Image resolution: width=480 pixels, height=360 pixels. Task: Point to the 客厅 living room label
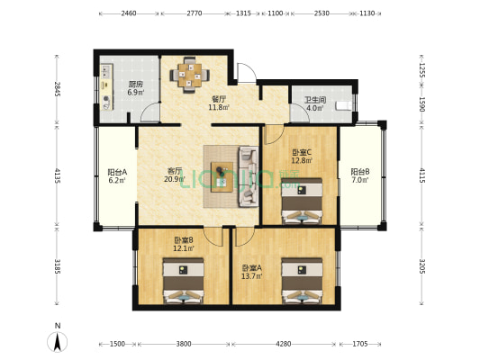pos(175,170)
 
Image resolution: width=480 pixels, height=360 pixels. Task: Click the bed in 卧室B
pos(183,281)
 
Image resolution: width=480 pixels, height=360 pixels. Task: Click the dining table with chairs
pos(190,75)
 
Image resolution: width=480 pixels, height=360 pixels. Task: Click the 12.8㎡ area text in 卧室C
pos(301,161)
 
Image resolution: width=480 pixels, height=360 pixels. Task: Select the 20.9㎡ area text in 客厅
pos(175,179)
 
